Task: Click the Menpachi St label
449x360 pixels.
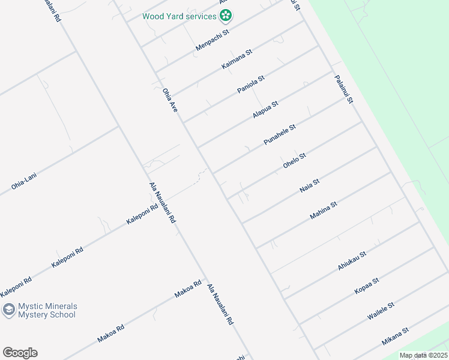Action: [x=213, y=41]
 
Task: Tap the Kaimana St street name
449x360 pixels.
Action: [x=237, y=59]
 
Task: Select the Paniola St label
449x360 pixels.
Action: [x=251, y=84]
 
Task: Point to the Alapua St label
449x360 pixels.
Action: [x=265, y=109]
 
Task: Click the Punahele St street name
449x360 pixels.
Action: [x=280, y=134]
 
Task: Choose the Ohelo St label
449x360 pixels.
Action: [x=294, y=160]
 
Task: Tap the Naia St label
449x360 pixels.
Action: [x=309, y=186]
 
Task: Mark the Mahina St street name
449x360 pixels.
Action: [x=324, y=211]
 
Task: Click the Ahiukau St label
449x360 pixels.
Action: [x=352, y=261]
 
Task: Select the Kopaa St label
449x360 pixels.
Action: [x=367, y=286]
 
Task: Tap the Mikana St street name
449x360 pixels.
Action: [x=396, y=337]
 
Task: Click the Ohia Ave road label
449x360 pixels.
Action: [x=170, y=100]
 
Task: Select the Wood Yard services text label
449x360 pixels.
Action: [x=179, y=16]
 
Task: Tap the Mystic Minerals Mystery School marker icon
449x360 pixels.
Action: [x=8, y=310]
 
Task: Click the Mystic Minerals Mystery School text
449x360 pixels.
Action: [x=47, y=310]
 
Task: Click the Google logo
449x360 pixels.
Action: [x=20, y=352]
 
